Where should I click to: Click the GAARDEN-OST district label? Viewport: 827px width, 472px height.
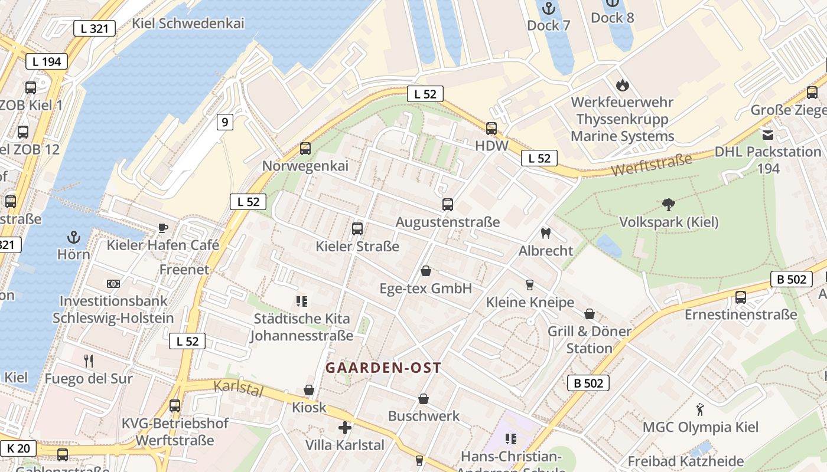coord(383,368)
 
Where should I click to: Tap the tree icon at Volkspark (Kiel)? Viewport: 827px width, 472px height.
coord(669,205)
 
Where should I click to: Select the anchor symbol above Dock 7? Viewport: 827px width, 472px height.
coord(549,8)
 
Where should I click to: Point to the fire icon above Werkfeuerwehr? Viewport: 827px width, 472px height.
coord(622,85)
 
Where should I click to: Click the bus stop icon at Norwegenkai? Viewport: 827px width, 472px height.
coord(305,149)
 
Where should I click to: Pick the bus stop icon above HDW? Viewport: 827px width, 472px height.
coord(491,129)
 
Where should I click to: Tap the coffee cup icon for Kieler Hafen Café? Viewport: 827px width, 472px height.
coord(163,228)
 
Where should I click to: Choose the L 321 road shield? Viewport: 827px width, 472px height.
coord(95,28)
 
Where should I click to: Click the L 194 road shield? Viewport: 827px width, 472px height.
coord(47,61)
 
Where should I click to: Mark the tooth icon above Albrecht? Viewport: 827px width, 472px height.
coord(546,233)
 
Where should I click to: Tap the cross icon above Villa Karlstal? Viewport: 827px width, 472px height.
coord(345,427)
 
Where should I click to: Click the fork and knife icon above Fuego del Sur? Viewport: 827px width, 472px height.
coord(89,360)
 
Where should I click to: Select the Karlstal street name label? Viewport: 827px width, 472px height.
coord(237,389)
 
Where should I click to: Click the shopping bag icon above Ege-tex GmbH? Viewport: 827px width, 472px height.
coord(425,271)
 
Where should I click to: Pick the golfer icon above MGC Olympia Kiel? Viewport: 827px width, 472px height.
coord(700,409)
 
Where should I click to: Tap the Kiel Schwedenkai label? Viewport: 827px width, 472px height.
coord(188,24)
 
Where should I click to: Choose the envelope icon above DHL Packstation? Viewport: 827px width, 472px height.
coord(768,135)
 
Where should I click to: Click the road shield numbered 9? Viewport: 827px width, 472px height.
coord(224,122)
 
